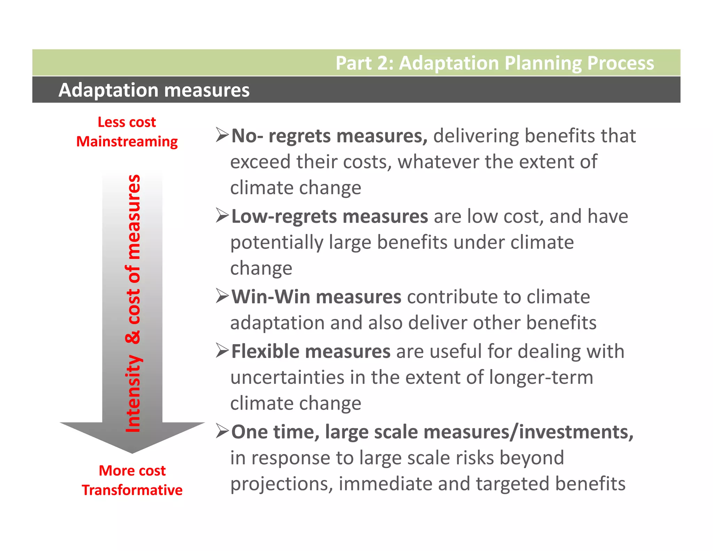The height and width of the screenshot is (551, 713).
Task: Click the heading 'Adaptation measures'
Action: click(x=154, y=90)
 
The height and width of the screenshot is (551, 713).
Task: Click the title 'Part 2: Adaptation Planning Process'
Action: click(x=494, y=63)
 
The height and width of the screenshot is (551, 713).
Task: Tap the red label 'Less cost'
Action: click(x=127, y=122)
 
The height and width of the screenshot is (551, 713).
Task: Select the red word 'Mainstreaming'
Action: click(x=127, y=142)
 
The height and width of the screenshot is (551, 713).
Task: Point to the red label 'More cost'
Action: click(x=132, y=471)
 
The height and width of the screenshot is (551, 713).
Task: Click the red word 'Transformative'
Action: click(x=132, y=490)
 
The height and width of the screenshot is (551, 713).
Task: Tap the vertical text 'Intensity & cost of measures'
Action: click(x=133, y=303)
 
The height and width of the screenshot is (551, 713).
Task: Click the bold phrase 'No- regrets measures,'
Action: click(x=329, y=136)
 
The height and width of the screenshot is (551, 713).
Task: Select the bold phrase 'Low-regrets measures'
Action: click(x=329, y=216)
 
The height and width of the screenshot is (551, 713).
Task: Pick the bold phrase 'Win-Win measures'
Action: click(x=316, y=297)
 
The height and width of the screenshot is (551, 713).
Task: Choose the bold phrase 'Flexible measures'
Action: click(x=311, y=351)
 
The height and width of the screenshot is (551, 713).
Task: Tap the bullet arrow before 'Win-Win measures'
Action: click(x=222, y=296)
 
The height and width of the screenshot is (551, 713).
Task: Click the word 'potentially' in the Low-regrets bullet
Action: click(x=276, y=243)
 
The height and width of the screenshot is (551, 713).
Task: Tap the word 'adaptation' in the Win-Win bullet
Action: click(x=277, y=323)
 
